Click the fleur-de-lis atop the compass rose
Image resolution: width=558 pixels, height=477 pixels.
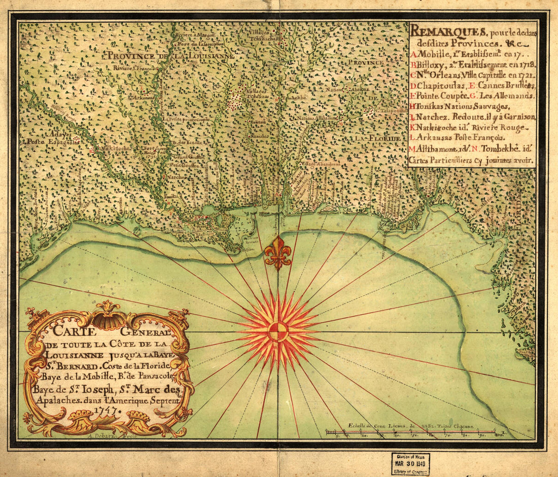277,252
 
